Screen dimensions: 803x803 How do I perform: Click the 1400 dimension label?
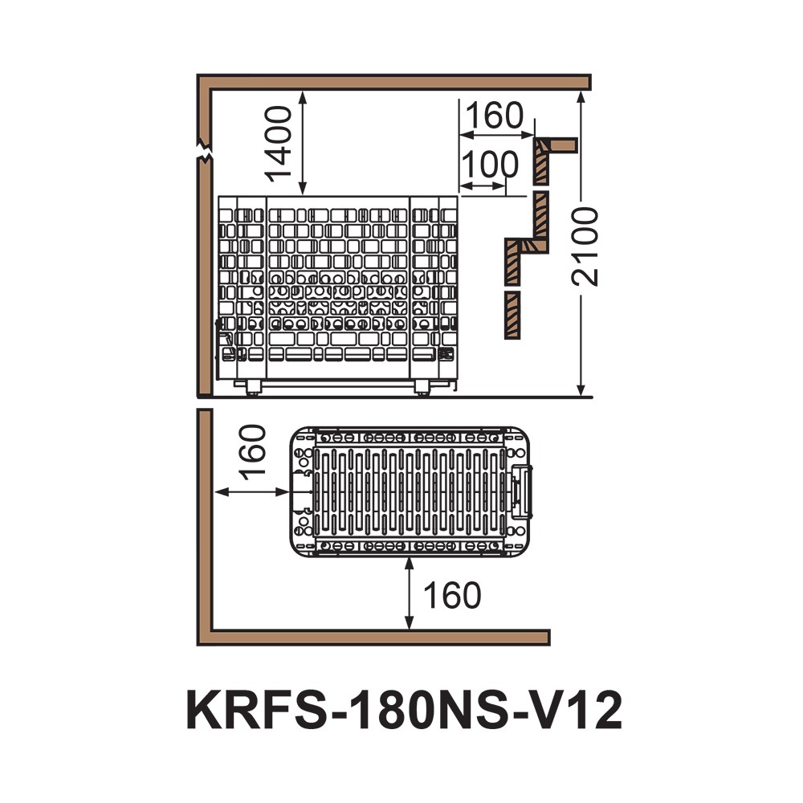click(x=279, y=145)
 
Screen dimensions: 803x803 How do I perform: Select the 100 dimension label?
click(x=491, y=165)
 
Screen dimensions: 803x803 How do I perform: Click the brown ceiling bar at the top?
click(x=393, y=81)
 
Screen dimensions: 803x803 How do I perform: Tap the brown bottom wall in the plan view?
click(x=377, y=638)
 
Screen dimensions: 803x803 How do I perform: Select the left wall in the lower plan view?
click(x=205, y=522)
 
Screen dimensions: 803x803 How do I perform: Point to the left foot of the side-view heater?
click(x=254, y=389)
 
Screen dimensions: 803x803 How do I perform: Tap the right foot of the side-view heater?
click(x=422, y=389)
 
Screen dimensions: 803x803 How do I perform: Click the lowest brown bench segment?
click(x=511, y=314)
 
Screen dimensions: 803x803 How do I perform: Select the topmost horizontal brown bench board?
click(x=559, y=144)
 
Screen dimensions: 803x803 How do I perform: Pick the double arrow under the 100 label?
click(x=484, y=186)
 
